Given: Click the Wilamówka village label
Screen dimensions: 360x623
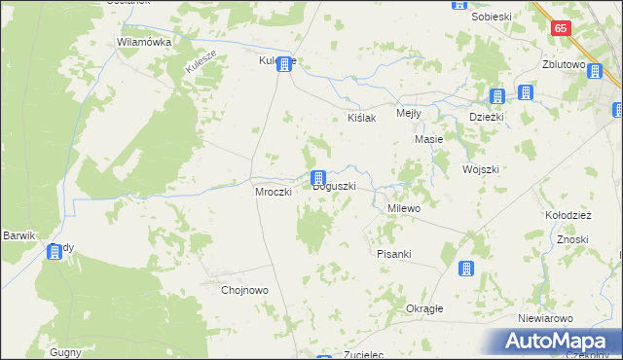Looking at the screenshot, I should pyautogui.click(x=144, y=43).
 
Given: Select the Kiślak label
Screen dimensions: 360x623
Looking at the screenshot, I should pyautogui.click(x=362, y=117).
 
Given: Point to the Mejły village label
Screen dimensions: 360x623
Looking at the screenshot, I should pyautogui.click(x=409, y=113).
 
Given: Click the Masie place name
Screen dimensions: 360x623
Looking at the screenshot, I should pyautogui.click(x=429, y=139).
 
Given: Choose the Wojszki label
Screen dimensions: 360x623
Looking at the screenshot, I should pyautogui.click(x=481, y=168).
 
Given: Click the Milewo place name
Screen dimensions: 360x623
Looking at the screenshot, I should pyautogui.click(x=403, y=208).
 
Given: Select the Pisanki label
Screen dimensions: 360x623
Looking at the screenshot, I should pyautogui.click(x=394, y=254).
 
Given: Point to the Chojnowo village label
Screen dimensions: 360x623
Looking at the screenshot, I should pyautogui.click(x=244, y=290).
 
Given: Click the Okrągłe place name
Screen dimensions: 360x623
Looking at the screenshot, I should pyautogui.click(x=424, y=308).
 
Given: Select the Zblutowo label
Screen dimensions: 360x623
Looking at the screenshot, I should pyautogui.click(x=569, y=65).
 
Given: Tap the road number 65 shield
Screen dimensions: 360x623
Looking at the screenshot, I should pyautogui.click(x=560, y=29).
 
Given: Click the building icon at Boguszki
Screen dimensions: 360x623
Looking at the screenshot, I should pyautogui.click(x=317, y=178).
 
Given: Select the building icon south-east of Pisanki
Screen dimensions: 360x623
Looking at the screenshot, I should pyautogui.click(x=466, y=269).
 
